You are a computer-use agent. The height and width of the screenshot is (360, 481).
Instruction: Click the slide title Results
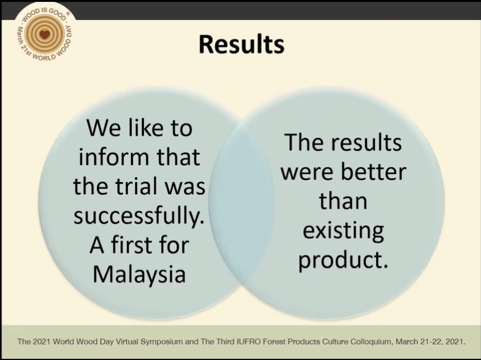pyautogui.click(x=241, y=45)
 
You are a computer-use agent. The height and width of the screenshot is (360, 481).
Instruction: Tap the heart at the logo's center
pyautogui.click(x=45, y=35)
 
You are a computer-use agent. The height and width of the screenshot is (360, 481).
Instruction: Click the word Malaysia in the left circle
pyautogui.click(x=139, y=274)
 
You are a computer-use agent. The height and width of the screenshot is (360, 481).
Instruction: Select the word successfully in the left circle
pyautogui.click(x=138, y=215)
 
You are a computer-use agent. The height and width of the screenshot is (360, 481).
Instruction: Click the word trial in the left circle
pyautogui.click(x=139, y=186)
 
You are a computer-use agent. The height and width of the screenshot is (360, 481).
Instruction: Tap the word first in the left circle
pyautogui.click(x=133, y=245)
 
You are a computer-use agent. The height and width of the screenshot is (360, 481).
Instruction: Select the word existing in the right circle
pyautogui.click(x=343, y=231)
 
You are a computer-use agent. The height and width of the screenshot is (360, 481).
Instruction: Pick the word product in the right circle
pyautogui.click(x=343, y=261)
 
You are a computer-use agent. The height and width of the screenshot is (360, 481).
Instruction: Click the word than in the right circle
pyautogui.click(x=343, y=201)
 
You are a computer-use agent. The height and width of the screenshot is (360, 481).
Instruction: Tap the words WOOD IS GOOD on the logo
pyautogui.click(x=45, y=13)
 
